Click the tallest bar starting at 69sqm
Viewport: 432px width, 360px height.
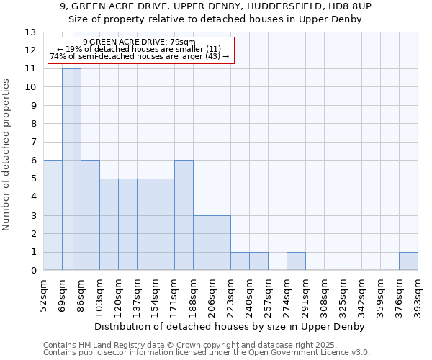pyautogui.click(x=71, y=169)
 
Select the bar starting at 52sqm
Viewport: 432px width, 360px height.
pyautogui.click(x=53, y=215)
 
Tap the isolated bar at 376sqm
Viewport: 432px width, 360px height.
pyautogui.click(x=408, y=261)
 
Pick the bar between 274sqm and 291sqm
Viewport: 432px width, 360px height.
pyautogui.click(x=296, y=261)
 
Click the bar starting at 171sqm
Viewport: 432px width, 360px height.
pyautogui.click(x=184, y=215)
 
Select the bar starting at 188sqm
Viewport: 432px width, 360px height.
pyautogui.click(x=202, y=243)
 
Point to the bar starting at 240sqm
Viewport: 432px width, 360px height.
pyautogui.click(x=258, y=261)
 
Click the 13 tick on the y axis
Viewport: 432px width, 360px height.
pyautogui.click(x=30, y=32)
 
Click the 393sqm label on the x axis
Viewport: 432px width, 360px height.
pyautogui.click(x=418, y=294)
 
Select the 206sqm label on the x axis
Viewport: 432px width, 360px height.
pyautogui.click(x=212, y=294)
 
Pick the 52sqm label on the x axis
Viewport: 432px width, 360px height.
pyautogui.click(x=43, y=294)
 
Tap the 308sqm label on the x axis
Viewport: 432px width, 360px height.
pyautogui.click(x=324, y=294)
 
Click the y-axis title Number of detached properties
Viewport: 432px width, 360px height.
pyautogui.click(x=7, y=155)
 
